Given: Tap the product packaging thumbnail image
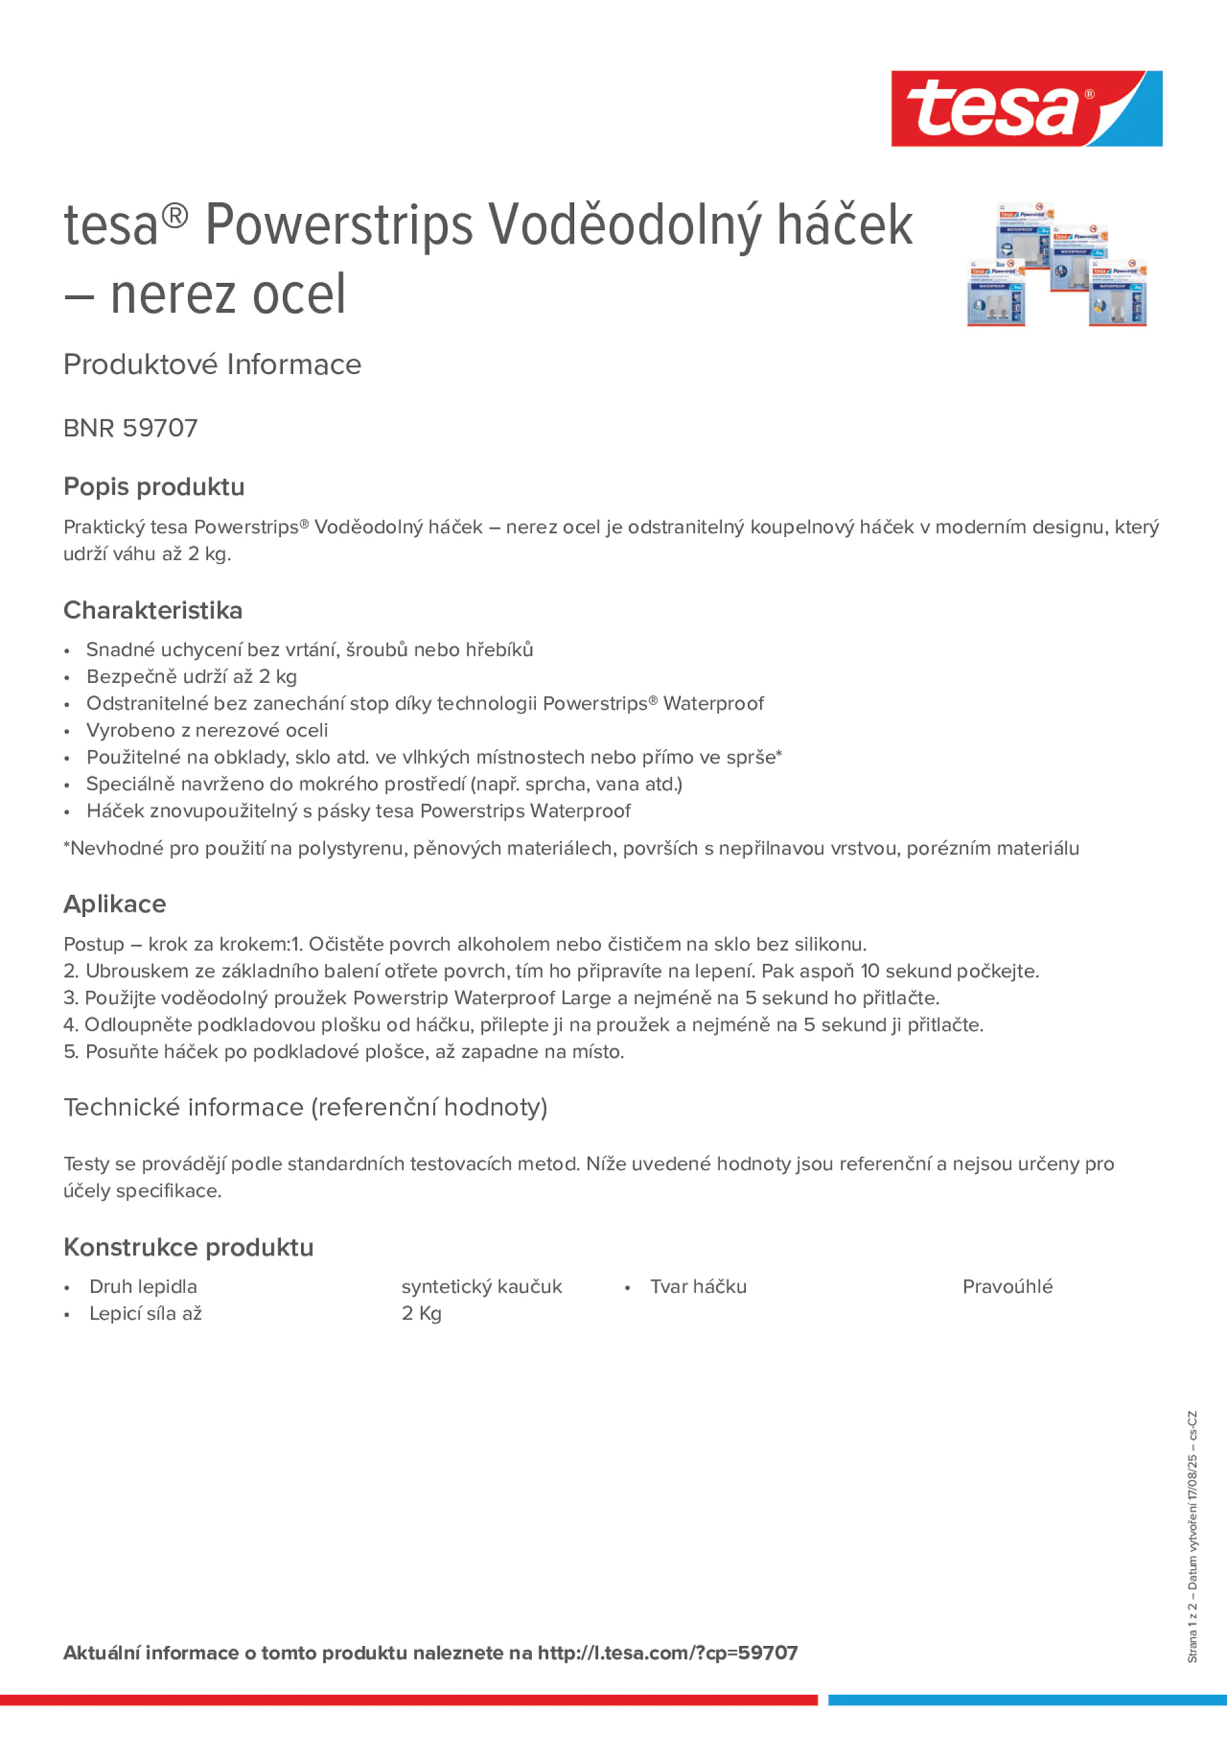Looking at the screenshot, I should click(x=1057, y=264).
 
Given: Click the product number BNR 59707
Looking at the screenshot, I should click(x=130, y=428).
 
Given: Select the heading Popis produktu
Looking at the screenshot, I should click(x=153, y=486).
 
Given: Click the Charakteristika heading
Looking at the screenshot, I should click(x=153, y=610).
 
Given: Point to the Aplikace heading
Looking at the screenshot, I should click(x=114, y=903).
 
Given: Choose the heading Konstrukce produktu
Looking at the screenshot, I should click(x=189, y=1247).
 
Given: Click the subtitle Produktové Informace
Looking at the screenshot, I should click(x=212, y=365).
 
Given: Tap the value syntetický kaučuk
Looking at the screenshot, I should click(x=481, y=1286).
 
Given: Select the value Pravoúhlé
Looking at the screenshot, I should click(x=1007, y=1286).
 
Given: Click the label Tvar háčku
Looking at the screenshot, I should click(x=698, y=1286).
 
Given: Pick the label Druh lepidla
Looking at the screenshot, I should click(x=143, y=1286).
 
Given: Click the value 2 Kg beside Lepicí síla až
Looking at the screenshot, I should click(x=421, y=1314).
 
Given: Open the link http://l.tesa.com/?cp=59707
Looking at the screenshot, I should click(x=667, y=1653).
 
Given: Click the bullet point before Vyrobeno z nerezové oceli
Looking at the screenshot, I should click(x=68, y=732).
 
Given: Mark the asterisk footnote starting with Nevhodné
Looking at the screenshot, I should click(x=570, y=848).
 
